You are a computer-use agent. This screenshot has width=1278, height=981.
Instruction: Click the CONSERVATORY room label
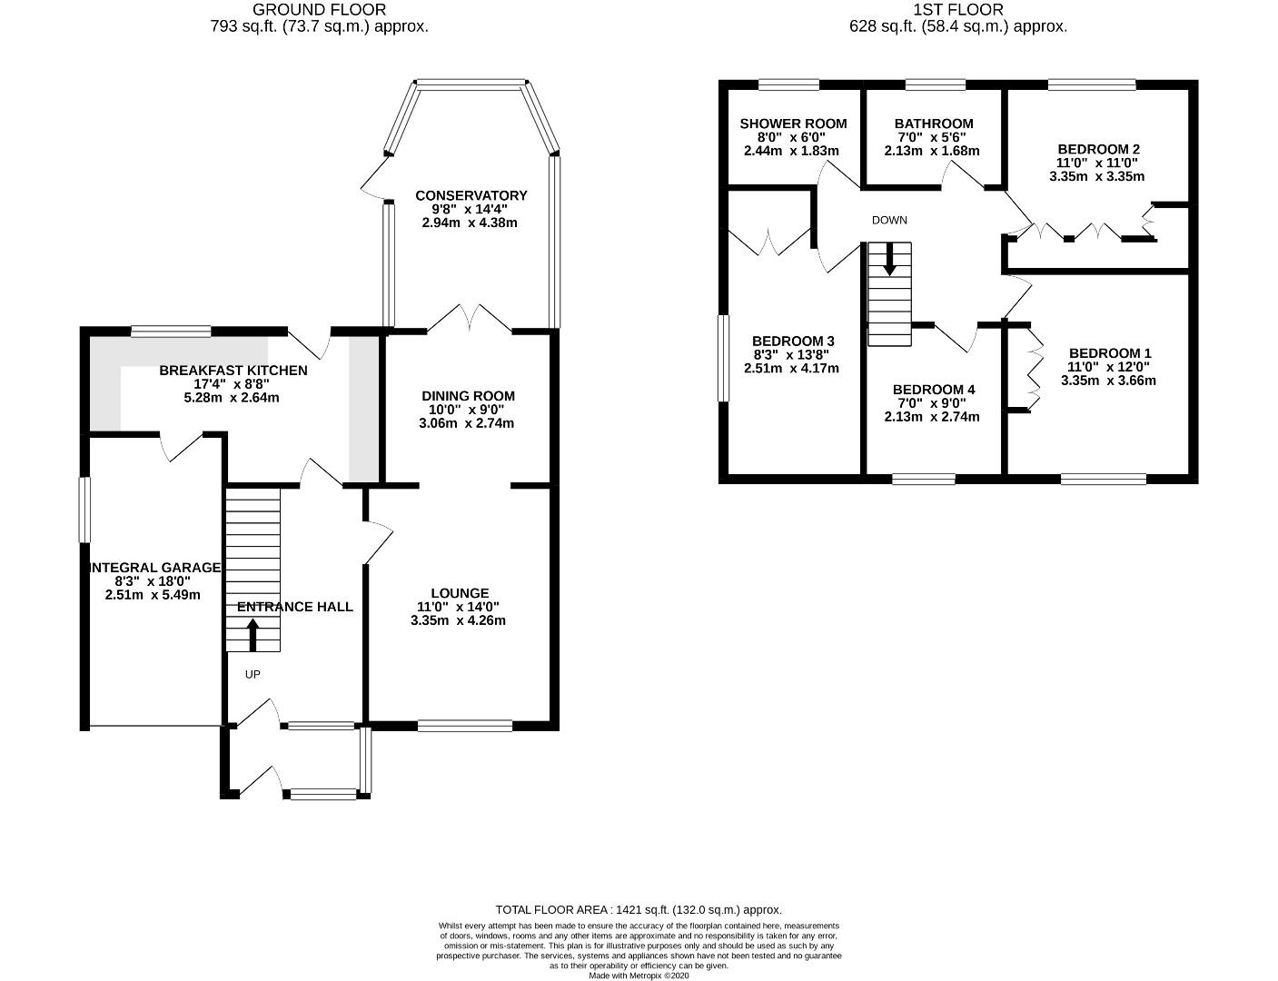[471, 195]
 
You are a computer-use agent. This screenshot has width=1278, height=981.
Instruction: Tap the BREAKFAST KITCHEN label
[233, 371]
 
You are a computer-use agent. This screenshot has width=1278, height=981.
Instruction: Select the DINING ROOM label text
[468, 396]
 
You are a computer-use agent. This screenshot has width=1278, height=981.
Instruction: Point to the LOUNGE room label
[460, 593]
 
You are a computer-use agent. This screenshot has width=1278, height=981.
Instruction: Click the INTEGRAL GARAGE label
[154, 568]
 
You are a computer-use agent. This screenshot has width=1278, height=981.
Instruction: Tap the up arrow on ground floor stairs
[253, 635]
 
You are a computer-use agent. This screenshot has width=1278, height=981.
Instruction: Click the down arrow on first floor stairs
[889, 259]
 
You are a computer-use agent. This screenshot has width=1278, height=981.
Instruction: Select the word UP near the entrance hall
[253, 675]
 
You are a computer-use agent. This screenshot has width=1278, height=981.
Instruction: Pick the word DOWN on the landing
[889, 221]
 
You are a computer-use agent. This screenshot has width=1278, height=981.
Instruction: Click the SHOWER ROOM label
[793, 124]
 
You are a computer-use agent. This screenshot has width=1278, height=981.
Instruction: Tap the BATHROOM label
[933, 124]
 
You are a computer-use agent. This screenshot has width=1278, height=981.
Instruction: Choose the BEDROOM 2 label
[1098, 149]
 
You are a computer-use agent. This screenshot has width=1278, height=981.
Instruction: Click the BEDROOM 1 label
[1110, 353]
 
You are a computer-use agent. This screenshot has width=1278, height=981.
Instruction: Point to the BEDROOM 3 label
[792, 342]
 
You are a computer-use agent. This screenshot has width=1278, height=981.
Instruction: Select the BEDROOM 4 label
[933, 390]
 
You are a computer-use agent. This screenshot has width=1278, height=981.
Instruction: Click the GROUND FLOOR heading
[319, 10]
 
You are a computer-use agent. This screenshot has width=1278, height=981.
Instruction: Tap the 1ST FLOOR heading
[958, 10]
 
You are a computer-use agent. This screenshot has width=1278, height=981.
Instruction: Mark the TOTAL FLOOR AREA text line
[638, 909]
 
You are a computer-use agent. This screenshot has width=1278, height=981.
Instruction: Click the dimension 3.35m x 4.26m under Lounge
[458, 621]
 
